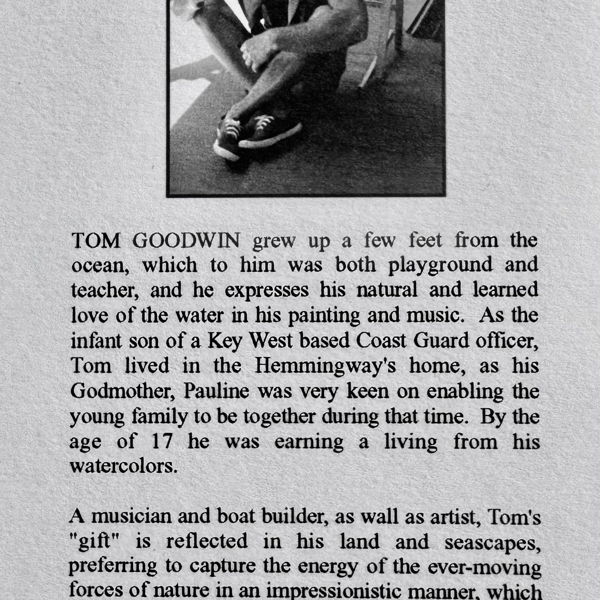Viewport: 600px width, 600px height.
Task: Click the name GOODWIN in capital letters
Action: pos(186,241)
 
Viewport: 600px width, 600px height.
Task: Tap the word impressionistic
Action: pos(304,592)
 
